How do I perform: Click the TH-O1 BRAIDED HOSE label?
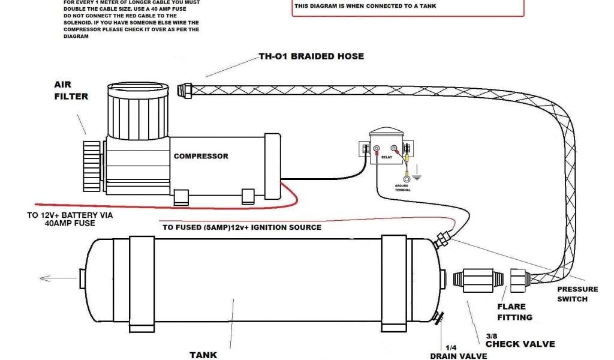pyautogui.click(x=311, y=57)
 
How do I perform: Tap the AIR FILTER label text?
pyautogui.click(x=71, y=91)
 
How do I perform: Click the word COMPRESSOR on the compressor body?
pyautogui.click(x=201, y=157)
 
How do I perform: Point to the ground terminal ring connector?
pyautogui.click(x=407, y=178)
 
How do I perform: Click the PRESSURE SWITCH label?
pyautogui.click(x=577, y=294)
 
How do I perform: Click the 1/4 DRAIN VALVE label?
pyautogui.click(x=459, y=352)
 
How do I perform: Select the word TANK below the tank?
pyautogui.click(x=203, y=355)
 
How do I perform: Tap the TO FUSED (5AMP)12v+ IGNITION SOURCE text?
pyautogui.click(x=242, y=228)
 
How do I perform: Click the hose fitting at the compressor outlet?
pyautogui.click(x=183, y=91)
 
